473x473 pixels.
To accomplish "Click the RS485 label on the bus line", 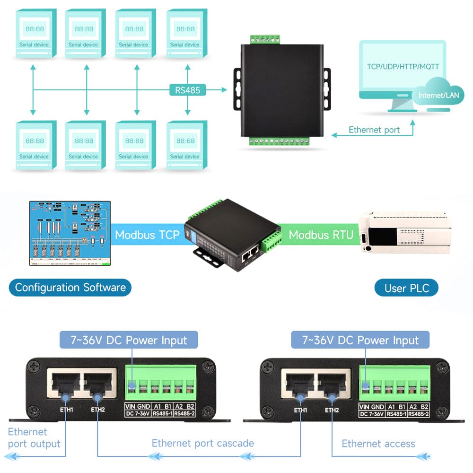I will tap(188, 89).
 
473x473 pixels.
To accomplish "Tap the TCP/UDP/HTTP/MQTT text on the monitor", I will tap(403, 67).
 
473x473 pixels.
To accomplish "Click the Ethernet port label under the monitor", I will tap(374, 130).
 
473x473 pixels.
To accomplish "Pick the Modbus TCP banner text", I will tap(147, 235).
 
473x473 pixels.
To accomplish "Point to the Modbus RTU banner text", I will tap(321, 235).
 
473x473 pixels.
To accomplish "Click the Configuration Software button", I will tap(70, 287).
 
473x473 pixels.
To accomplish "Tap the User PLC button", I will tap(407, 288).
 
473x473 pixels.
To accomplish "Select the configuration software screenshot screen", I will tap(70, 233).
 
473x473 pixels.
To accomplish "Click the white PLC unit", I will tap(404, 232).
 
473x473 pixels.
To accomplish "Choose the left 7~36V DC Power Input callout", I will tap(129, 340).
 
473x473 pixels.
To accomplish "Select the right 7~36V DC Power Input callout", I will tap(360, 340).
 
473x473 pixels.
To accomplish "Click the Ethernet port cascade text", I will tap(202, 443).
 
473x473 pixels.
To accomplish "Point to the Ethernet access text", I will tap(378, 444).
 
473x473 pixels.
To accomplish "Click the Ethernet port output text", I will tap(34, 438).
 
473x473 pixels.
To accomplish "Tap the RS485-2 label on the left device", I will tap(184, 414).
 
